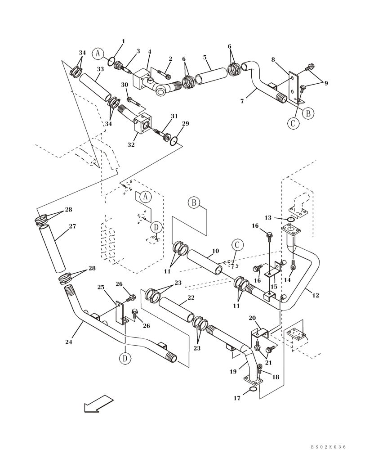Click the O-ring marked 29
point(174,142)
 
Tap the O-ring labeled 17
point(253,390)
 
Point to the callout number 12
point(315,296)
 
